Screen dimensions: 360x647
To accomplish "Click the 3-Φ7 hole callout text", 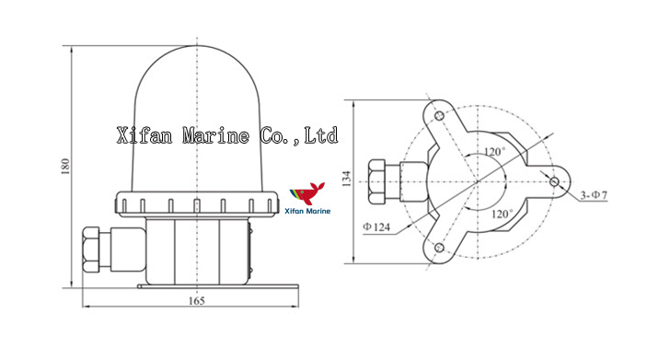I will click(595, 195).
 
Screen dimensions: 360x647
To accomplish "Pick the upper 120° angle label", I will click(498, 152).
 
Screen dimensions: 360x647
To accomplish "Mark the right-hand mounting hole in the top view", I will click(554, 181).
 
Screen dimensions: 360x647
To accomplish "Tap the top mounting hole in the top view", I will click(439, 115).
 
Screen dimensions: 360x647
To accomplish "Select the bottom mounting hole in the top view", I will click(439, 247).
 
